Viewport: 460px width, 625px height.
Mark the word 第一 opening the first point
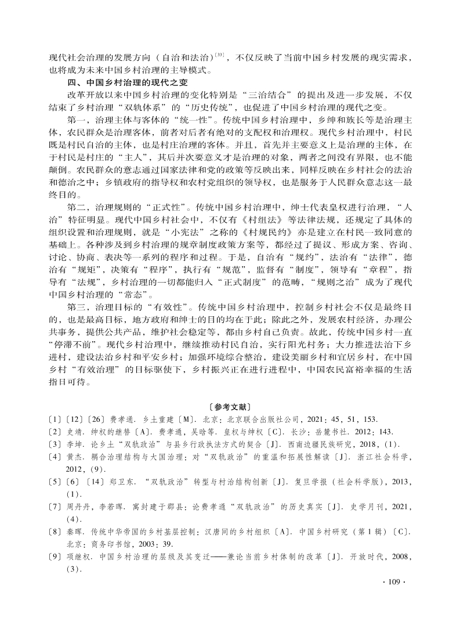pos(77,120)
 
